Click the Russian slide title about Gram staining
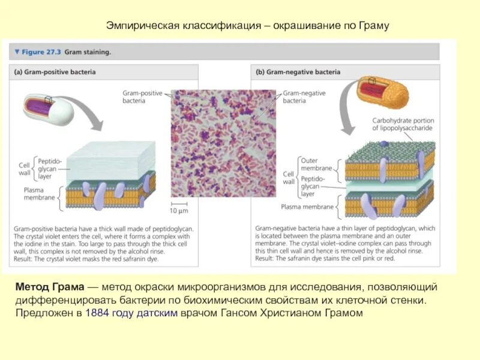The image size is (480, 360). pyautogui.click(x=248, y=26)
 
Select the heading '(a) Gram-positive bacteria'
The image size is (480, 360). pyautogui.click(x=55, y=72)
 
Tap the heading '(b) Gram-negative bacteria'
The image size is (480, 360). pyautogui.click(x=298, y=72)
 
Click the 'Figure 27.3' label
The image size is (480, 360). pyautogui.click(x=41, y=52)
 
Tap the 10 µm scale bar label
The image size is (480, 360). pyautogui.click(x=178, y=211)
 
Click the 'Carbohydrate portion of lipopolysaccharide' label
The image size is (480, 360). pyautogui.click(x=403, y=124)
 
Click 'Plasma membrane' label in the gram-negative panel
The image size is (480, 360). pyautogui.click(x=307, y=207)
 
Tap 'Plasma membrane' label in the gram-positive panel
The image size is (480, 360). pyautogui.click(x=40, y=193)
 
